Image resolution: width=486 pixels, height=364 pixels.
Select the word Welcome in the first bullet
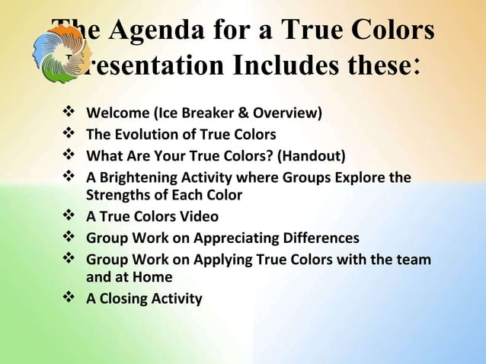pyautogui.click(x=118, y=114)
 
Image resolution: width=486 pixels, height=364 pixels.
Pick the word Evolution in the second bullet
pyautogui.click(x=149, y=135)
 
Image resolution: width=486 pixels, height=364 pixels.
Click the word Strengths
pyautogui.click(x=118, y=195)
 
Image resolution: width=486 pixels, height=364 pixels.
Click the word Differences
pyautogui.click(x=319, y=238)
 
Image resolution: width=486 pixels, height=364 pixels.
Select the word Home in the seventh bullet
pyautogui.click(x=152, y=277)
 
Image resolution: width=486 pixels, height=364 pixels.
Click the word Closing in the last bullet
pyautogui.click(x=126, y=299)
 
